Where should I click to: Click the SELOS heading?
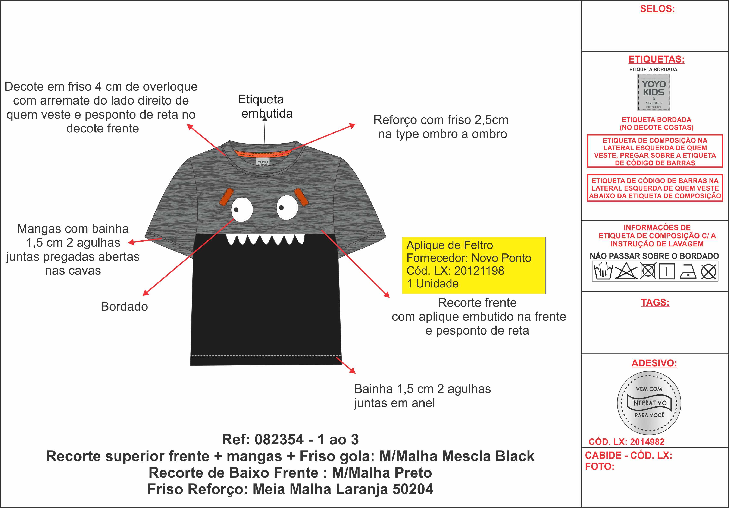tap(657, 9)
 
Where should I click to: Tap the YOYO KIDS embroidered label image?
tap(653, 92)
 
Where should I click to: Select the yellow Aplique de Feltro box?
tap(473, 265)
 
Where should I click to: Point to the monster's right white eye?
tap(287, 208)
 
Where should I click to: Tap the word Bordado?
tap(124, 306)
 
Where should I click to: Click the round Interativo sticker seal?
tap(649, 403)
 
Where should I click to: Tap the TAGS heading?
tap(655, 303)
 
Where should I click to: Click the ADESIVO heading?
tap(654, 363)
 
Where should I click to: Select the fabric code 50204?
tap(413, 489)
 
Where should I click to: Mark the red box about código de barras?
tap(655, 188)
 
